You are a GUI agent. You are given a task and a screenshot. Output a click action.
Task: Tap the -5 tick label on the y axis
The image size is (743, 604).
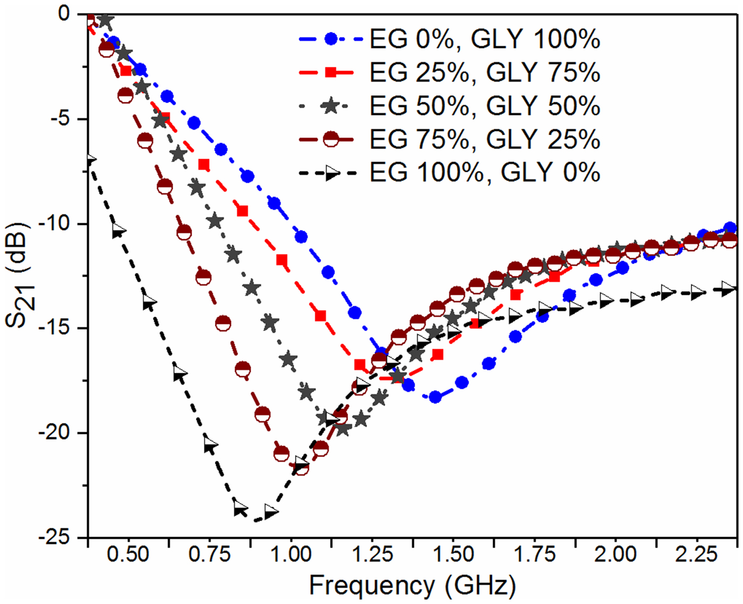(x=59, y=119)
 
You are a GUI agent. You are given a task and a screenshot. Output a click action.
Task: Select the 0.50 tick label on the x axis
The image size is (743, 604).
(x=128, y=555)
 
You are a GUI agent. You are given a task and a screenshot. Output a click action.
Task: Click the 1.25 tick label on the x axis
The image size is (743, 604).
(x=371, y=555)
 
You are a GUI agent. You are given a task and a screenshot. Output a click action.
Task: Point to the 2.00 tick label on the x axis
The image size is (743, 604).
(x=615, y=555)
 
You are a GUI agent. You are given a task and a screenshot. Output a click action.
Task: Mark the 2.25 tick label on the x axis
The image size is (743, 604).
(x=696, y=555)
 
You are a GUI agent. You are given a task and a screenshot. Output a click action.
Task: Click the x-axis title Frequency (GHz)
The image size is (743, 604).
(x=412, y=586)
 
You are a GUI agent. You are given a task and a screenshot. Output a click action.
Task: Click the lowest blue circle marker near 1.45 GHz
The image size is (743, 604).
(x=435, y=397)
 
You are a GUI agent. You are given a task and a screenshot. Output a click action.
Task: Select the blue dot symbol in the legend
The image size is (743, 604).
(x=331, y=39)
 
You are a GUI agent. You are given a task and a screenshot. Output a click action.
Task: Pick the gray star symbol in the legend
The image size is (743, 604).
(x=331, y=106)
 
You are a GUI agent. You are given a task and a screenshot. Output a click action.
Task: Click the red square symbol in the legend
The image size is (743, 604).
(x=331, y=73)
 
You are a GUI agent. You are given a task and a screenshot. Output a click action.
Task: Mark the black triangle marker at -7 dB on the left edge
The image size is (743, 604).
(x=90, y=160)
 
